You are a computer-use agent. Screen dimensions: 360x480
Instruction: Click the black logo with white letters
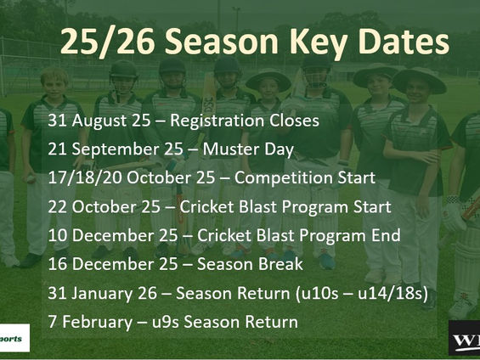click(x=464, y=340)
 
